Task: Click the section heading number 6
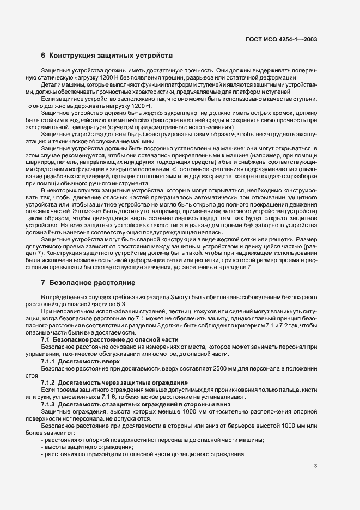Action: coord(43,56)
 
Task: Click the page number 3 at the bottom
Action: coord(315,465)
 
